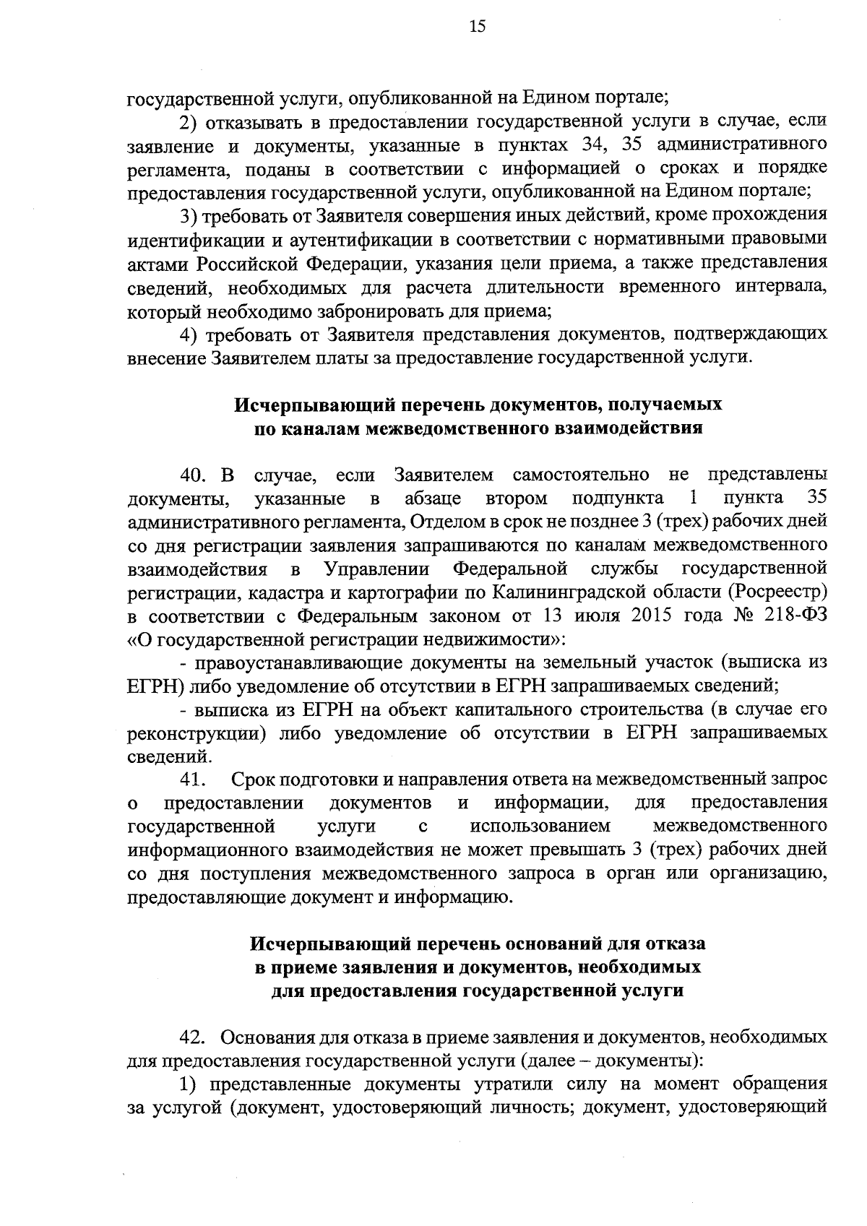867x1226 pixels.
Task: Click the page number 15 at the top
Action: [x=478, y=27]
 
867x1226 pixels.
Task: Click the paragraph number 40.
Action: [x=194, y=475]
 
